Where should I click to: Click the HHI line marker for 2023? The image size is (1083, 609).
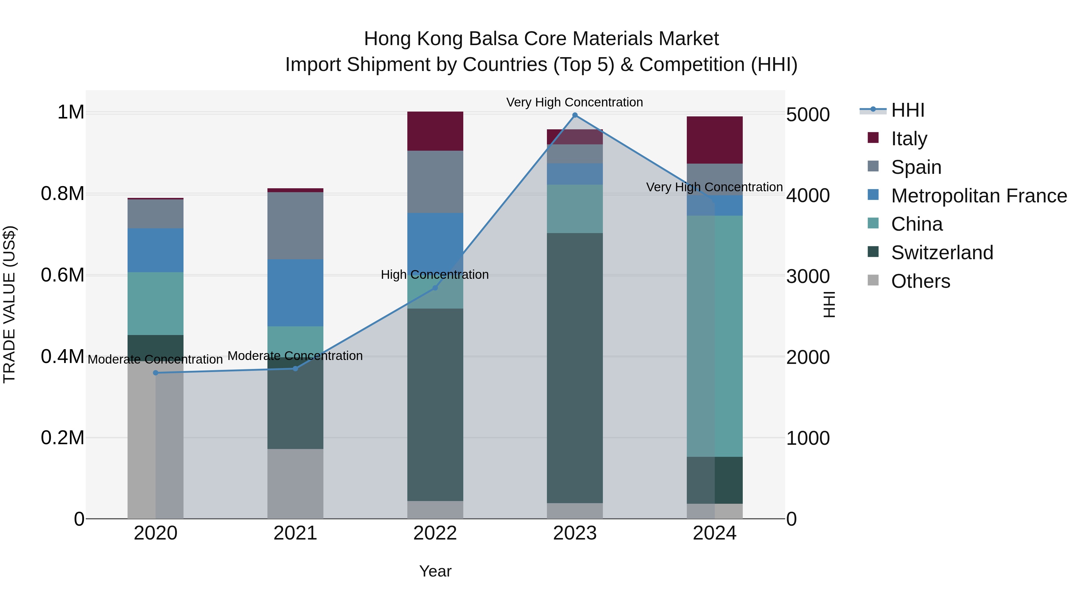[x=575, y=115]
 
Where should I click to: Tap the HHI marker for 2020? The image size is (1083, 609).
[x=156, y=373]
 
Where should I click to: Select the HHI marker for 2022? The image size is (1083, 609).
[x=435, y=288]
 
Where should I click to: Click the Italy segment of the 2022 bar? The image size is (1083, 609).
[x=435, y=131]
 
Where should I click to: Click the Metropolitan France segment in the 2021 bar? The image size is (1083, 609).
[x=295, y=293]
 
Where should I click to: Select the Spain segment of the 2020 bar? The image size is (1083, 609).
[x=156, y=214]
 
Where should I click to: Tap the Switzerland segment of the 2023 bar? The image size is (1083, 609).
[x=575, y=368]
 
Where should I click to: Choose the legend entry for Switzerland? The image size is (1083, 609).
[x=941, y=253]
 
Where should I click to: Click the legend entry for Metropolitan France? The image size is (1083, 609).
[x=978, y=196]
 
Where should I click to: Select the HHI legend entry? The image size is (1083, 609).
[x=907, y=110]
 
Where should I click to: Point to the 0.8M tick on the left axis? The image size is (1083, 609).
[x=63, y=194]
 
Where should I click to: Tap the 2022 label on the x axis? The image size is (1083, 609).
[x=435, y=533]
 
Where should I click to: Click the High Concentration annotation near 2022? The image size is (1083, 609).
[x=435, y=275]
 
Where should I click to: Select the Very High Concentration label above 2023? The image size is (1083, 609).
[x=574, y=102]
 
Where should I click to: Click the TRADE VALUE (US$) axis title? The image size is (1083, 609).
[x=9, y=304]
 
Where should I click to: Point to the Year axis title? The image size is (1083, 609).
[x=435, y=571]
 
